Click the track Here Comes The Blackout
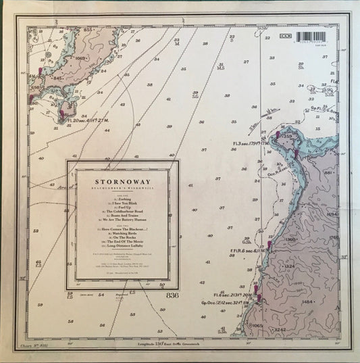(122, 239)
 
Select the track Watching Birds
(122, 244)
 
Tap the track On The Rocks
(122, 249)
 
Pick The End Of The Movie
(122, 255)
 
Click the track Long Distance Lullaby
(122, 260)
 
